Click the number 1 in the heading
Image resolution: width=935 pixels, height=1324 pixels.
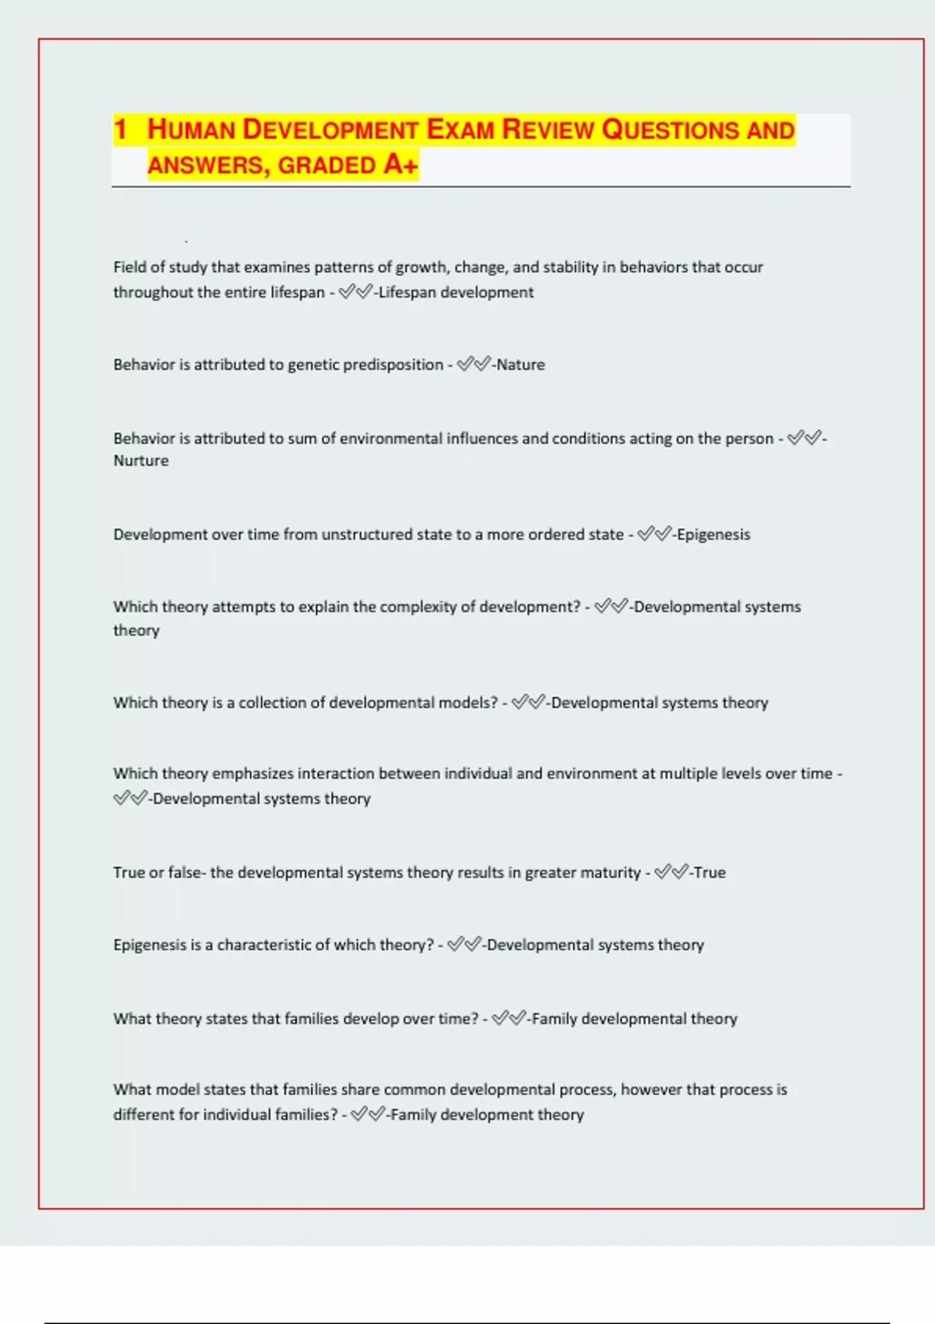point(120,129)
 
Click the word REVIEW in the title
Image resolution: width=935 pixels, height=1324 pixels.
point(548,129)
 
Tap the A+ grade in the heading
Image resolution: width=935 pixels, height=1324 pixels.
point(400,164)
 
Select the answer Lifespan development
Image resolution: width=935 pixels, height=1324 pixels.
point(456,292)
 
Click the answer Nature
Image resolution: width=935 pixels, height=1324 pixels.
point(520,364)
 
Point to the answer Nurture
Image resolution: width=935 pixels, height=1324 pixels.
point(141,460)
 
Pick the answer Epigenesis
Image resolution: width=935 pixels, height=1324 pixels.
point(713,534)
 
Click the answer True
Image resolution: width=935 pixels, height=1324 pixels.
point(709,872)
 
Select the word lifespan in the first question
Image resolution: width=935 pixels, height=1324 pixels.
point(297,292)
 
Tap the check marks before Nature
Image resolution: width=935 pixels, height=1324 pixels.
point(474,364)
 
